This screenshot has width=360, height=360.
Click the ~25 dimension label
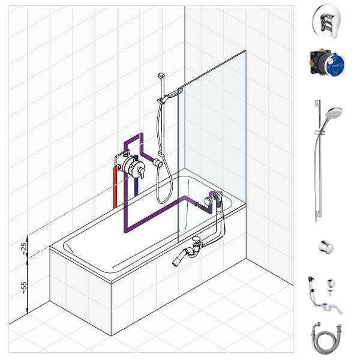24,248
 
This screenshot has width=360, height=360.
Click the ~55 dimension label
24,288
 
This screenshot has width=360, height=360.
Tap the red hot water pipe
115,188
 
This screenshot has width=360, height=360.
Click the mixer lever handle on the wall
142,172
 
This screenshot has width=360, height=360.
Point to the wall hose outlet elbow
158,163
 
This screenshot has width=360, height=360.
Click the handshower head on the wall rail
174,93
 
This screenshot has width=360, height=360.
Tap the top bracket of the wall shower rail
161,75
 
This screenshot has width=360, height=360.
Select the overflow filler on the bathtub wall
217,197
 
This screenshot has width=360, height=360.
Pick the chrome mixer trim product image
326,22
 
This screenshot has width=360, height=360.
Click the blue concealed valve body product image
328,62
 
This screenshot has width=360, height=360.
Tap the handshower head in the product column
334,113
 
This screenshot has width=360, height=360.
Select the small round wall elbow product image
326,247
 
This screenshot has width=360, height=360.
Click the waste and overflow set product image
325,295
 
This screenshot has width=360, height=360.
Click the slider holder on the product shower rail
318,133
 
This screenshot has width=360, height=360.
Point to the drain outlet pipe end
176,262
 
